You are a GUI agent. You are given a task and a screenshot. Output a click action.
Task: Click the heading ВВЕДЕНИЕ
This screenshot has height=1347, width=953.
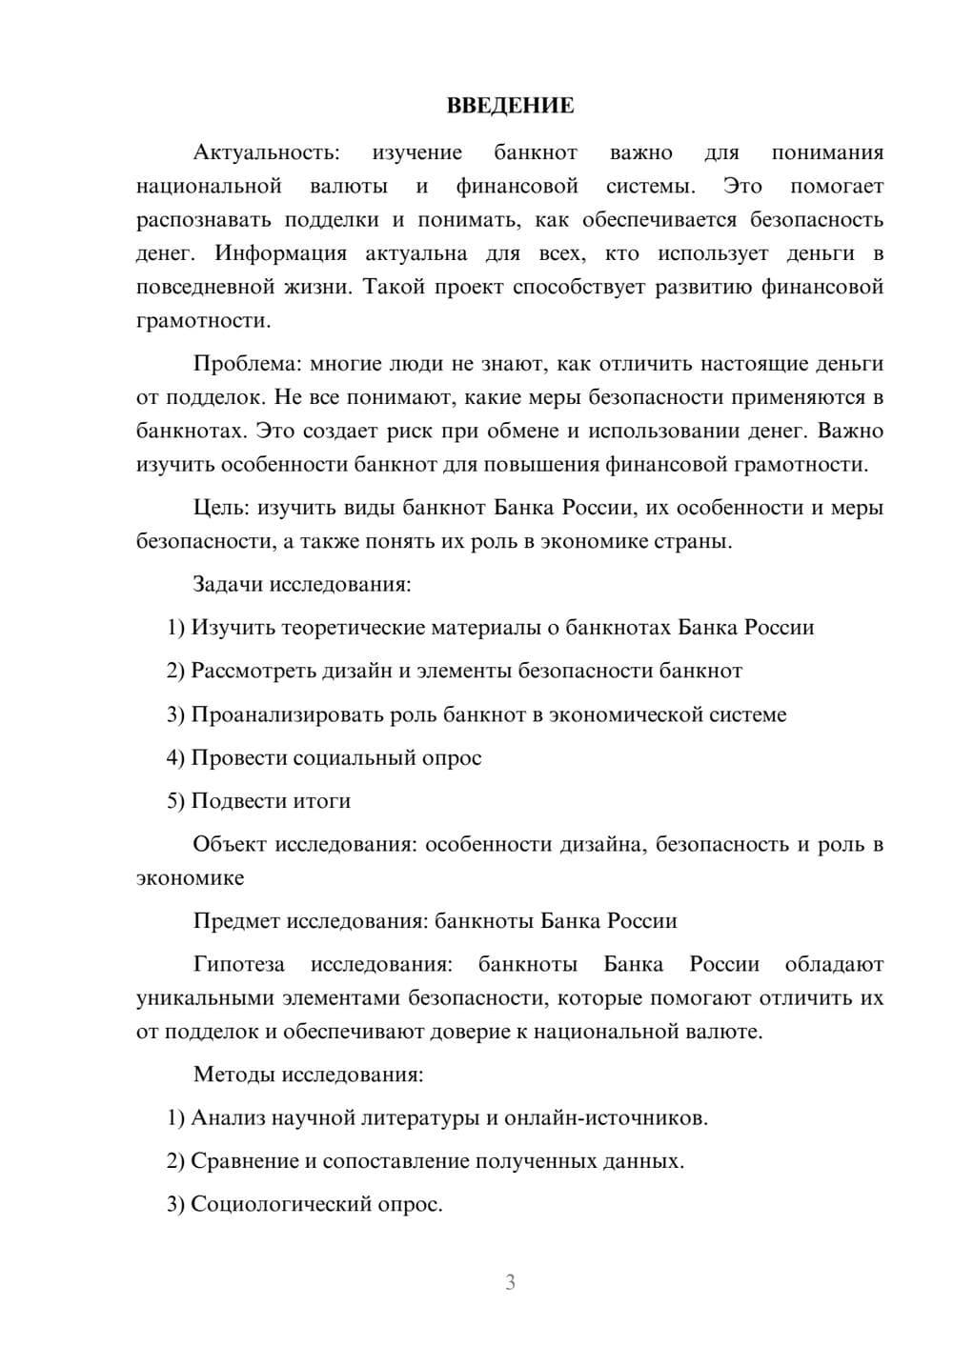click(x=510, y=106)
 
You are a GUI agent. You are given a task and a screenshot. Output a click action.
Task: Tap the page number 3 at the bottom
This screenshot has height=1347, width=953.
click(x=510, y=1282)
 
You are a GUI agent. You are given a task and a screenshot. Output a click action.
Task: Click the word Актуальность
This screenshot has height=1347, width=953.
click(x=266, y=152)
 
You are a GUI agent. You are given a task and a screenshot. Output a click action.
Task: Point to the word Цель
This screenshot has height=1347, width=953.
click(x=221, y=508)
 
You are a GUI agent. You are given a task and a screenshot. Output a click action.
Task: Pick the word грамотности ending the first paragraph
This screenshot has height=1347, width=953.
click(x=203, y=321)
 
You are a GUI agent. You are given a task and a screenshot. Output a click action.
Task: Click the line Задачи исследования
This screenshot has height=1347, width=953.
click(x=301, y=584)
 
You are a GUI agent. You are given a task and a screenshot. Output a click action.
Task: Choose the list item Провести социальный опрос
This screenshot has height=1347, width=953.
click(x=324, y=758)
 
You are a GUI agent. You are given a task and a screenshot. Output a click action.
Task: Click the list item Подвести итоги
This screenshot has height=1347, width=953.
click(x=259, y=801)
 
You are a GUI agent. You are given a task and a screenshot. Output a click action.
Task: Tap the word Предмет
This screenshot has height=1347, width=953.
click(x=236, y=921)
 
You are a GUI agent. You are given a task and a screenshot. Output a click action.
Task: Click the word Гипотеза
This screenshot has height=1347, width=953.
click(x=238, y=964)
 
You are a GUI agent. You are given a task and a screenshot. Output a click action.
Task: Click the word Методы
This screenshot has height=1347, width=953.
click(x=233, y=1075)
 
